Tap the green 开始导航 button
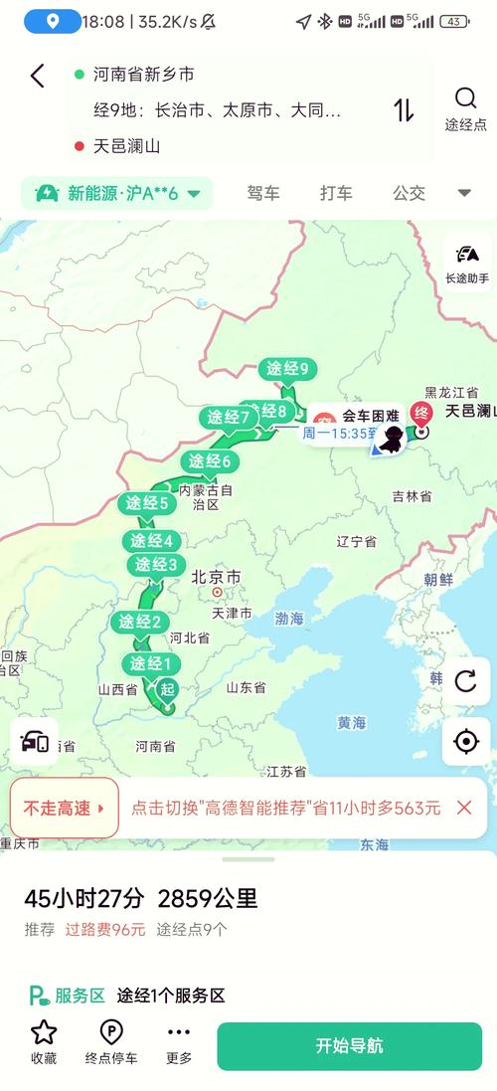point(349,1045)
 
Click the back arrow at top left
point(37,76)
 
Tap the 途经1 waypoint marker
point(152,663)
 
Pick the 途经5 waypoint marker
point(147,503)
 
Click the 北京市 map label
point(216,577)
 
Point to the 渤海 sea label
point(289,618)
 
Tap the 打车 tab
point(336,193)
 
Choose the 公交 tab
point(409,193)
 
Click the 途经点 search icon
point(465,107)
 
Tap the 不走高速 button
point(64,808)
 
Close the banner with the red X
point(463,808)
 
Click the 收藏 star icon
point(44,1041)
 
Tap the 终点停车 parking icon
point(111,1041)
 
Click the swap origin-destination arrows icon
point(404,109)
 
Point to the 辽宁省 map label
point(356,542)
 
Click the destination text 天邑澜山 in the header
point(127,146)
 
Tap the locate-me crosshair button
point(465,741)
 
